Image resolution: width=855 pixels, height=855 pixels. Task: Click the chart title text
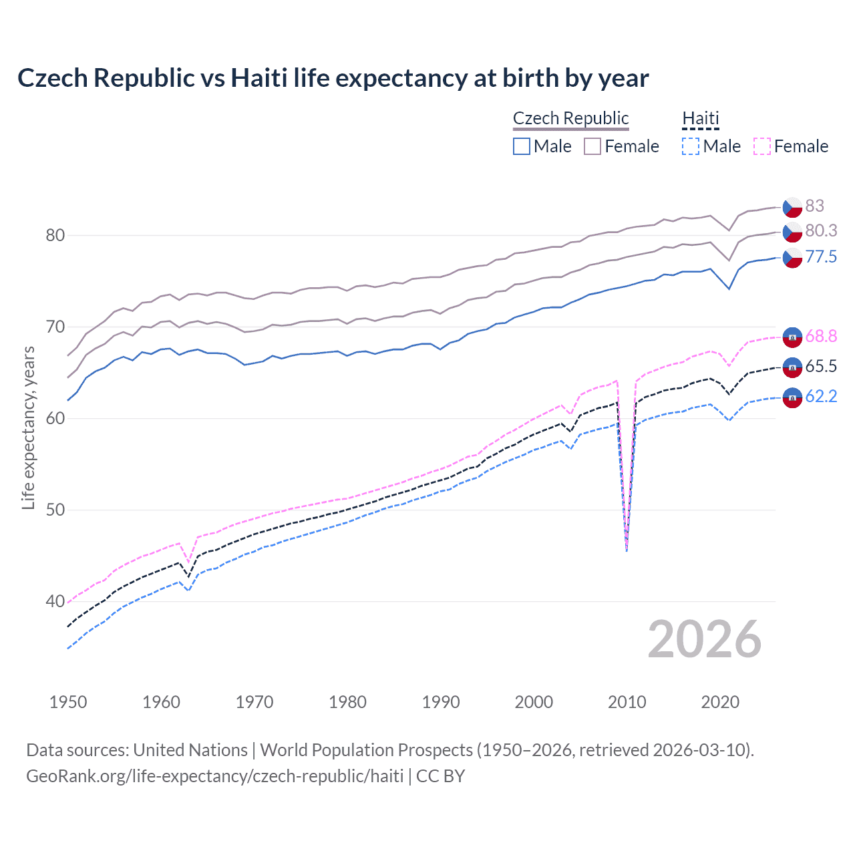[x=333, y=78]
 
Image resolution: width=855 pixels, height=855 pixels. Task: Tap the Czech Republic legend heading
[x=570, y=118]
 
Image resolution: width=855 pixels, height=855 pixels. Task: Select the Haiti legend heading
[x=700, y=118]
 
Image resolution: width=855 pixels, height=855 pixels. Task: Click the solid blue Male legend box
[x=522, y=146]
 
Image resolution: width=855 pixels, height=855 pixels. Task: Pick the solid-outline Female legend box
[x=592, y=146]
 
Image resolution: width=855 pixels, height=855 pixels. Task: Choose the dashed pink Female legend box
[x=762, y=146]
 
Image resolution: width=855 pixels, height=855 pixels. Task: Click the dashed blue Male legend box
[x=691, y=146]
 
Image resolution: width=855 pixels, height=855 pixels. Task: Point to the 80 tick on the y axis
[x=55, y=235]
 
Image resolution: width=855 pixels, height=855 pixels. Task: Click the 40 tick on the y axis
[x=55, y=601]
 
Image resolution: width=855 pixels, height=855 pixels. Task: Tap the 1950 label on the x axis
[x=68, y=702]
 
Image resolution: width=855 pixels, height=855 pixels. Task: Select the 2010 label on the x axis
[x=627, y=702]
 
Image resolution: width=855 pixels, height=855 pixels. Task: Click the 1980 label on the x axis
[x=347, y=702]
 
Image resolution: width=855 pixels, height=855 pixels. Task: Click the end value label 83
[x=814, y=206]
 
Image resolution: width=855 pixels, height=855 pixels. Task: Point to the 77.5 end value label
[x=820, y=257]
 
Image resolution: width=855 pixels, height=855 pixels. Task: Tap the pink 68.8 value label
[x=820, y=336]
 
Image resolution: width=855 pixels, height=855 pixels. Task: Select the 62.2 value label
[x=820, y=396]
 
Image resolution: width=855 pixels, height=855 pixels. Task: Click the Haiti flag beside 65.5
[x=792, y=367]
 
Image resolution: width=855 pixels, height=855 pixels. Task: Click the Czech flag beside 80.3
[x=792, y=232]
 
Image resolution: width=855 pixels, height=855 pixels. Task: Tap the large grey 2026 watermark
[x=704, y=639]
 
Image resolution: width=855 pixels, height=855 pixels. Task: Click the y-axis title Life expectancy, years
[x=29, y=427]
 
